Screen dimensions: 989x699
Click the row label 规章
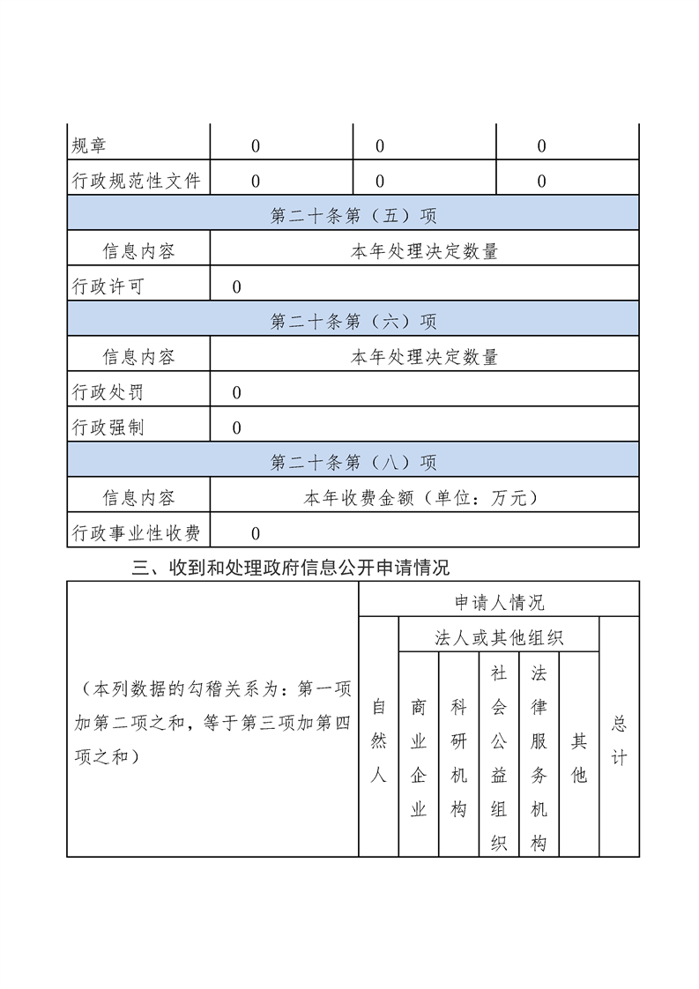pos(89,146)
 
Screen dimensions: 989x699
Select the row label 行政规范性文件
pos(136,182)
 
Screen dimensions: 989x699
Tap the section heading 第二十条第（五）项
pos(353,217)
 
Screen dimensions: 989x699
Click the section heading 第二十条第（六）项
pos(353,323)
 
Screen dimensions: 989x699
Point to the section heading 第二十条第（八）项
pos(353,464)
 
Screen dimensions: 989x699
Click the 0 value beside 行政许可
pos(236,287)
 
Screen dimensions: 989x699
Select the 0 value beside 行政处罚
pos(236,393)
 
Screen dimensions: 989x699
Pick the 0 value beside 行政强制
pos(236,428)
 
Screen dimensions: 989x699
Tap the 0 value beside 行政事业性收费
pos(256,533)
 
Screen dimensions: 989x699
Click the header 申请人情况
pos(499,603)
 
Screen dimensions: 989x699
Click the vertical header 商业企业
pos(419,758)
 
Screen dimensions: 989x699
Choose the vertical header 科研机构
pos(458,758)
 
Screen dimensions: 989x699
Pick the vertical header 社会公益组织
pos(499,758)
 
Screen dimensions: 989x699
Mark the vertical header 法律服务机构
pos(539,758)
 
